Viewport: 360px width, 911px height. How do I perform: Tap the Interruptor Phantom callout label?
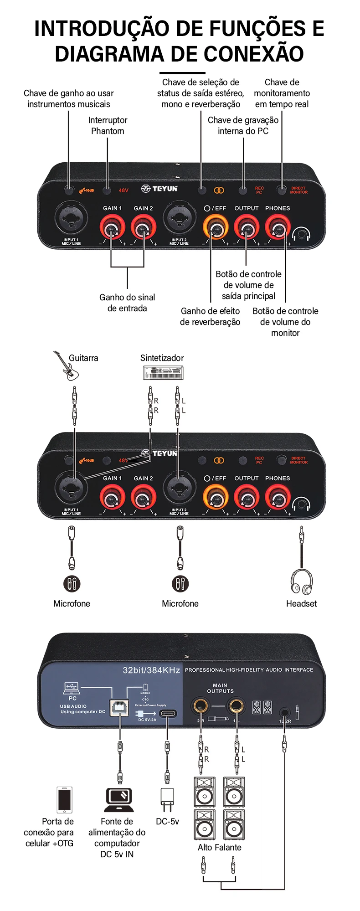click(x=108, y=125)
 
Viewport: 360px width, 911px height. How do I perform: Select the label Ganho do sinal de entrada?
click(x=127, y=303)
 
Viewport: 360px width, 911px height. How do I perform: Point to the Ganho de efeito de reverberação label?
click(x=210, y=316)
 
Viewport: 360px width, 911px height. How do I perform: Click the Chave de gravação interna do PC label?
click(x=243, y=125)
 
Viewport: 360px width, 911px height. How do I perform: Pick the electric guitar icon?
click(x=67, y=366)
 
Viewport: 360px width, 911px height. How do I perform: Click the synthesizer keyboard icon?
click(x=163, y=373)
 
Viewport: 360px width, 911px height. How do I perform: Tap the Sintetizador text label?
click(x=162, y=358)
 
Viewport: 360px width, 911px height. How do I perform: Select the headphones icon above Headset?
click(x=302, y=582)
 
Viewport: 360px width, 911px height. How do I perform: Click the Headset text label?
click(x=301, y=603)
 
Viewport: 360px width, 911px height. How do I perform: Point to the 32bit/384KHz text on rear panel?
click(x=151, y=670)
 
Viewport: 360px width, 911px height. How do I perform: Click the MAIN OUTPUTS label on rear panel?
click(x=220, y=688)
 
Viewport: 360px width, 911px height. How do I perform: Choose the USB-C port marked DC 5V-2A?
click(x=168, y=714)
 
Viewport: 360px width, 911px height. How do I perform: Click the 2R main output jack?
click(x=200, y=706)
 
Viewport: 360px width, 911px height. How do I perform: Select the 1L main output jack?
click(x=236, y=706)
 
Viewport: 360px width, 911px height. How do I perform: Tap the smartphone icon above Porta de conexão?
click(x=64, y=799)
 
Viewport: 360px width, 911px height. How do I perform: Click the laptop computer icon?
click(x=119, y=800)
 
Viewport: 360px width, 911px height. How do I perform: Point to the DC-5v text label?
click(x=167, y=821)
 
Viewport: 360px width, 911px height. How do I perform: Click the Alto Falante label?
click(x=219, y=847)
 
